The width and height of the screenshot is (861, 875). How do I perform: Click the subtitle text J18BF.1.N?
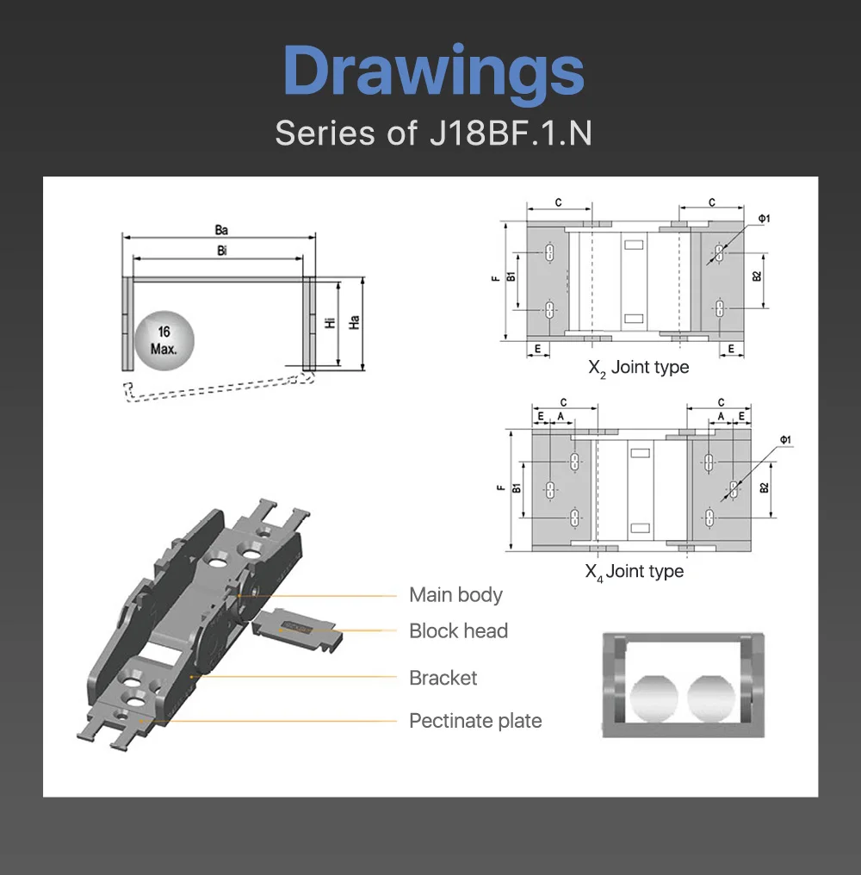pos(511,133)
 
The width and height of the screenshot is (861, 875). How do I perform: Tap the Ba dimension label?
pos(221,230)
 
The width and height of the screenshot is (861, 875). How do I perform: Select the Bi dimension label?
pos(221,251)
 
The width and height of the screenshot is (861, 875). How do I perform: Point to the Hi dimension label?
pos(331,322)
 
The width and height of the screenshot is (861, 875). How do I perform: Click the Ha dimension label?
pos(354,322)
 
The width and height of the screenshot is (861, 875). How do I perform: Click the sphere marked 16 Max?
pos(164,340)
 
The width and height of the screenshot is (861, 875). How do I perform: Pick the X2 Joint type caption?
pos(638,368)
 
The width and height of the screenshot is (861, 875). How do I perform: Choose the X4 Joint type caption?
pos(634,572)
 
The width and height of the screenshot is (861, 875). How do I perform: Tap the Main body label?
pos(455,595)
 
